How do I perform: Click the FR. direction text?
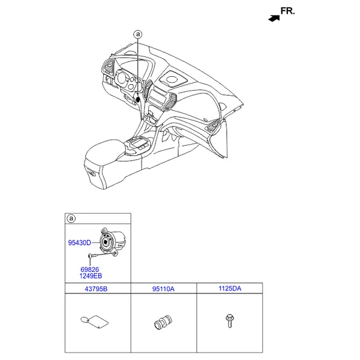[x=288, y=11]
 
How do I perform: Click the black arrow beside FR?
[x=274, y=18]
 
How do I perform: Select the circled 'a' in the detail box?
[x=71, y=218]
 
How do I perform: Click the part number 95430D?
[x=79, y=243]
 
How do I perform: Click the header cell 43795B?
[x=98, y=289]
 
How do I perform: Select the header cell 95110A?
[x=163, y=289]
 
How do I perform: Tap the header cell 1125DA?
[x=230, y=289]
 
